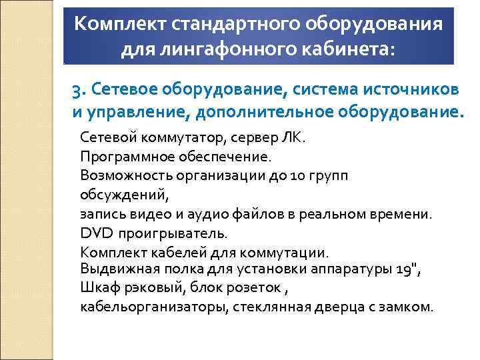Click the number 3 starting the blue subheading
[77, 89]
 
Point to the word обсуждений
[124, 195]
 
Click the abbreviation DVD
[96, 234]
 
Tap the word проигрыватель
[173, 234]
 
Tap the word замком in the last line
[407, 307]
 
